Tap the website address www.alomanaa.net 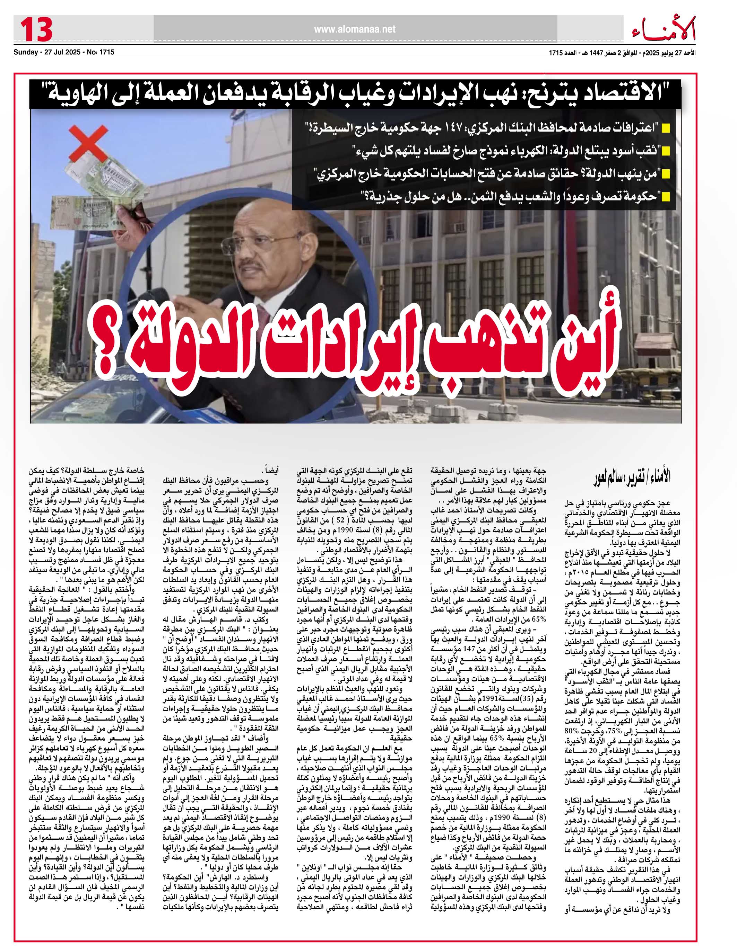click(x=355, y=29)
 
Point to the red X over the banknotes click(x=88, y=143)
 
